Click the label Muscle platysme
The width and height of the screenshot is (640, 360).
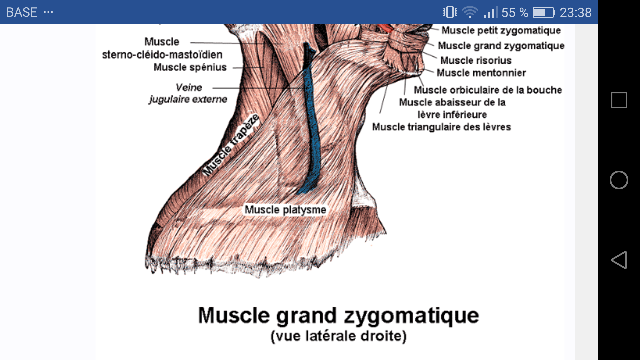[x=285, y=210]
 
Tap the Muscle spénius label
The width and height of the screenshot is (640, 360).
[x=190, y=67]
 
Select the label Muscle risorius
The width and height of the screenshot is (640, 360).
[x=476, y=60]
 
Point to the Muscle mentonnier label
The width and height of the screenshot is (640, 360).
[x=481, y=73]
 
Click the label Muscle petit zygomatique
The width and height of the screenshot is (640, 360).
[x=501, y=30]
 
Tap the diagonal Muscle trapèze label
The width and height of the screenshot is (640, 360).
[x=231, y=145]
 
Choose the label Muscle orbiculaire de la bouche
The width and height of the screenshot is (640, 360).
[x=488, y=90]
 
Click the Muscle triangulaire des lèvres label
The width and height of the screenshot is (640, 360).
[x=441, y=127]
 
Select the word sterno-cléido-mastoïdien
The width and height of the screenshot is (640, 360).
[x=162, y=55]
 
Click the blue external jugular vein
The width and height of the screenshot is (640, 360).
[x=313, y=133]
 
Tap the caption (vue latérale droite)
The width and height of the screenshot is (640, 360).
[x=338, y=336]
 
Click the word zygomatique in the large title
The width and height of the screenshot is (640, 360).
[x=411, y=315]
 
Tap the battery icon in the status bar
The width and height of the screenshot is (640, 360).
[x=543, y=13]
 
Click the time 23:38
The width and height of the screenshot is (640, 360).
[x=575, y=13]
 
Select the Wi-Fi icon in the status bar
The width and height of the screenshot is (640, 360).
[x=470, y=13]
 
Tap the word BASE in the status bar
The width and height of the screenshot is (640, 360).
[x=22, y=12]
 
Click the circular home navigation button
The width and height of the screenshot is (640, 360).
[x=619, y=180]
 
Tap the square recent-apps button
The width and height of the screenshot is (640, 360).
[x=619, y=100]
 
